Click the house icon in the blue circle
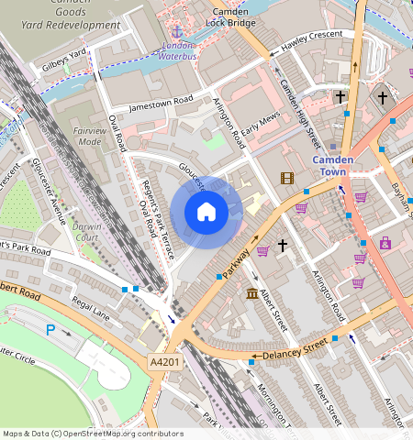[x=206, y=213]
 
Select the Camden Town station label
[x=333, y=165]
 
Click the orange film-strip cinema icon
[x=287, y=178]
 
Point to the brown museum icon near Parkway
[x=252, y=292]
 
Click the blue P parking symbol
[x=50, y=329]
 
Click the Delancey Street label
[x=295, y=350]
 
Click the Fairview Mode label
[x=90, y=137]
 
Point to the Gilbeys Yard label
[x=63, y=61]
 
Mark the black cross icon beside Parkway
[x=283, y=246]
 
